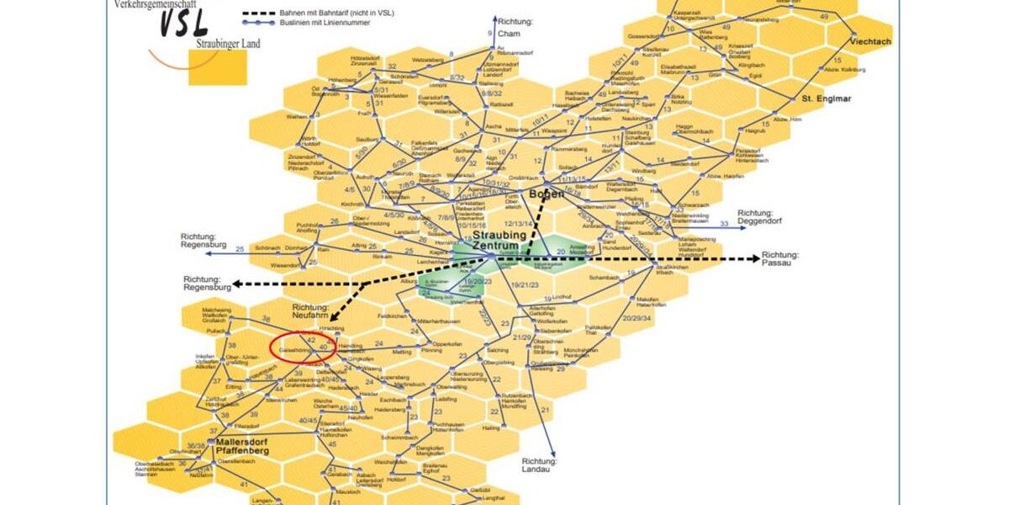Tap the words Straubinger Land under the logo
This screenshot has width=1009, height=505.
(228, 44)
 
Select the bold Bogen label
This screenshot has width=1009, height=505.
(547, 194)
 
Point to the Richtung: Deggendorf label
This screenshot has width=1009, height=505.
(766, 217)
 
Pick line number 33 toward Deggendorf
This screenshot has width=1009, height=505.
(724, 223)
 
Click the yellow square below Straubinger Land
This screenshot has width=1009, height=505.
(218, 66)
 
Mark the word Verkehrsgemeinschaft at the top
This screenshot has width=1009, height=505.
(161, 4)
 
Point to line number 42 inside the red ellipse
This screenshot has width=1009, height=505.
(310, 339)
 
